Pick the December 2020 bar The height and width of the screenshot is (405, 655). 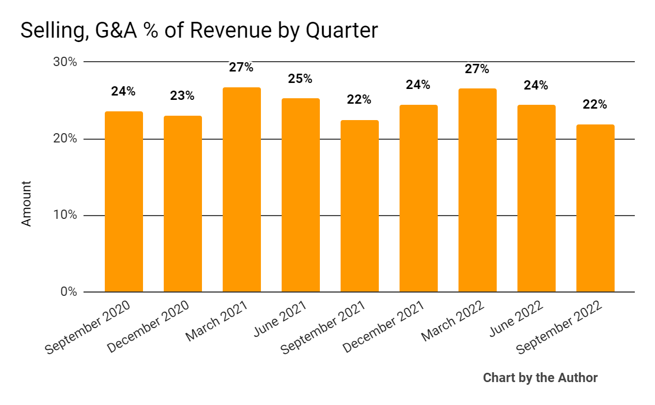pyautogui.click(x=182, y=204)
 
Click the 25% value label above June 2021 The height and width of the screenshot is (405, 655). pyautogui.click(x=300, y=79)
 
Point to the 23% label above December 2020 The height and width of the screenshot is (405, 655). pyautogui.click(x=182, y=96)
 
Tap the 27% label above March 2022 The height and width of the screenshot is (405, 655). pyautogui.click(x=477, y=69)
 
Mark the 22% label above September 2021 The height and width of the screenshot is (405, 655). pyautogui.click(x=359, y=100)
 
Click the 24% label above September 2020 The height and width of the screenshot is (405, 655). pyautogui.click(x=123, y=92)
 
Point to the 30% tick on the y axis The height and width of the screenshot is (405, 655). pyautogui.click(x=65, y=62)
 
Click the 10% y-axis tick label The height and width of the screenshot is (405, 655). pyautogui.click(x=65, y=216)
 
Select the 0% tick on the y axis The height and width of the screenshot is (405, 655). pyautogui.click(x=68, y=292)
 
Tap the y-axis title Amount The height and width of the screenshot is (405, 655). pyautogui.click(x=26, y=204)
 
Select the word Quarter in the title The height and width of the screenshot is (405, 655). pyautogui.click(x=341, y=31)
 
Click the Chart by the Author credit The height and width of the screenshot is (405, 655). pyautogui.click(x=540, y=378)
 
